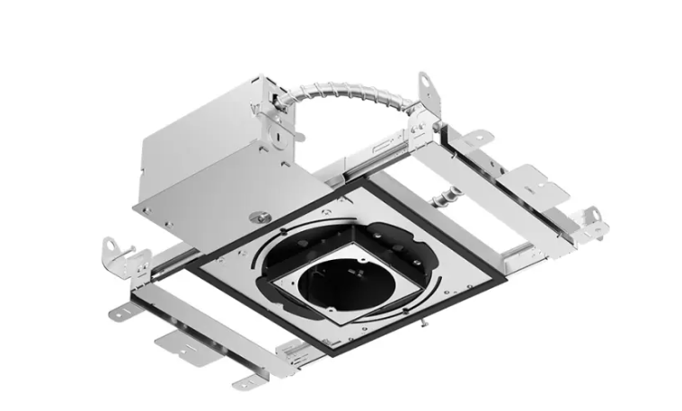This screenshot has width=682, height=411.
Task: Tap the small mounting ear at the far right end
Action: point(592,218)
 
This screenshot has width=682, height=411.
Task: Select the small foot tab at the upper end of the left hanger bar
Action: point(123,312)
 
